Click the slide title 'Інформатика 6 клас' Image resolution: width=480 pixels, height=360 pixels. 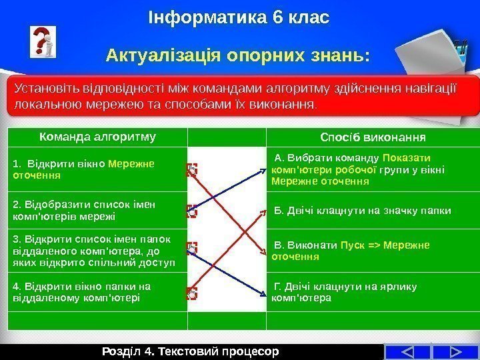[239, 15]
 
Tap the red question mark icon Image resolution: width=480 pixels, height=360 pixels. [43, 43]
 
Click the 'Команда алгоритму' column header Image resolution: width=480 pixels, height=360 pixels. [97, 137]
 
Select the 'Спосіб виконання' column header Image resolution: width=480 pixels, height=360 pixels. [373, 137]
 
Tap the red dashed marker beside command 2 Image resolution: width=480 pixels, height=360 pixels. [192, 211]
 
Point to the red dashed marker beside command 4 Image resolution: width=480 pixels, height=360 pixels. [192, 293]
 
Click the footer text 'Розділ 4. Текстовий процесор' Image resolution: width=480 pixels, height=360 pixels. [192, 351]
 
